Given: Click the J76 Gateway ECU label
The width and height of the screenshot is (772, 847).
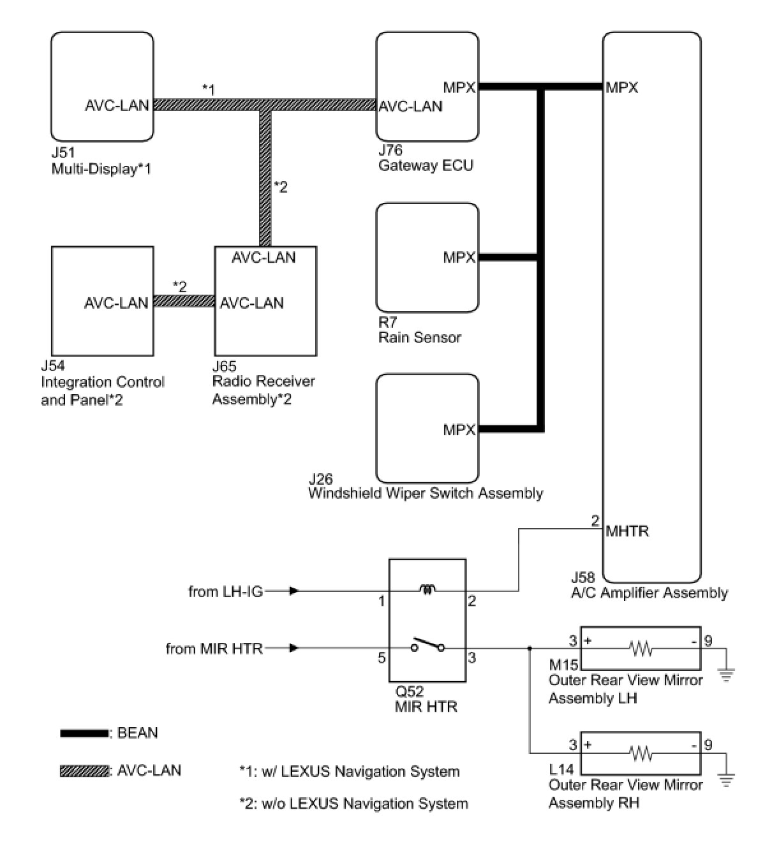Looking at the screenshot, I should (x=426, y=158).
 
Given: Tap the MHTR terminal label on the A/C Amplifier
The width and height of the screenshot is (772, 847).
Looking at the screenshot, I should (x=627, y=531).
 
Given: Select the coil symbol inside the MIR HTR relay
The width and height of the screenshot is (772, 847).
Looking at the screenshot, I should (x=427, y=591).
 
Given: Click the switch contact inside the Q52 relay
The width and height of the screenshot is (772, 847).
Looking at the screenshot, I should (x=427, y=645).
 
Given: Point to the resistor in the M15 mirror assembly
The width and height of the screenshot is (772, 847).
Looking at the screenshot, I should (x=640, y=649).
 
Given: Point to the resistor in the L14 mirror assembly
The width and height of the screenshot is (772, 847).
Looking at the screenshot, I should (x=640, y=754).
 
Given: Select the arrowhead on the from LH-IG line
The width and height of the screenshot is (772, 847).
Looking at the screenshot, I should (x=293, y=591).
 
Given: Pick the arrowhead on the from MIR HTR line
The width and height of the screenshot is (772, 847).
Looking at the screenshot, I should (x=293, y=649).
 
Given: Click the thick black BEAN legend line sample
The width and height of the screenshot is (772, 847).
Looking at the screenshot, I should (x=84, y=733).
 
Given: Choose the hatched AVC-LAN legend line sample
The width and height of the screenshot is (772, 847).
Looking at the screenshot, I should (x=84, y=771).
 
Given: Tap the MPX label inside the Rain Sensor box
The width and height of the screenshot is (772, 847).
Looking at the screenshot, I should (x=459, y=258).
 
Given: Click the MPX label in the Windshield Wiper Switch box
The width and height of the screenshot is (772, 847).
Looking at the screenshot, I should (x=459, y=430).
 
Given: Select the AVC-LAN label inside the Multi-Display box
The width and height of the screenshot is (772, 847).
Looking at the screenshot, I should (x=117, y=105).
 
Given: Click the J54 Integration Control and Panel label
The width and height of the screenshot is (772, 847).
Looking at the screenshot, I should (x=102, y=383).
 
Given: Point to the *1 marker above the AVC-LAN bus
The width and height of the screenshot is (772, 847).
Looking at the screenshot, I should (x=209, y=89).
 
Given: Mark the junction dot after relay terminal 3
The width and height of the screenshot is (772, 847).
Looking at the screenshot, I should (x=530, y=649).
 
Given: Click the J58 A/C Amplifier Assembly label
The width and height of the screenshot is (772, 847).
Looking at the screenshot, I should (x=649, y=586).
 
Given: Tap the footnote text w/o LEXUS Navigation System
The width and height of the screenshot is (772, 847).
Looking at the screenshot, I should (x=353, y=804).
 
